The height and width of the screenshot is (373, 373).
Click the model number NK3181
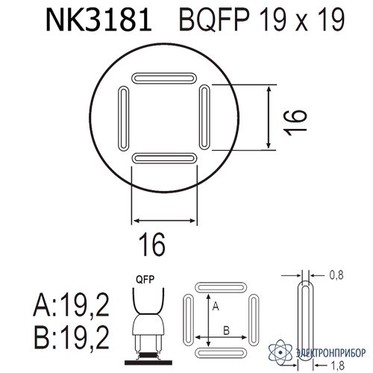click(98, 21)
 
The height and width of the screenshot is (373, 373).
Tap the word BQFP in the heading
click(214, 20)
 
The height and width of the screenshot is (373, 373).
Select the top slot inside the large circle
click(164, 78)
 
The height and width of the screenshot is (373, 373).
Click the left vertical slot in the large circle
click(123, 119)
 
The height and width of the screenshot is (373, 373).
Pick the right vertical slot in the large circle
click(204, 117)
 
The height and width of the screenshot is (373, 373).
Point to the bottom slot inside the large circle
click(164, 158)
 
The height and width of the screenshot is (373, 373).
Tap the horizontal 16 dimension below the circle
click(152, 245)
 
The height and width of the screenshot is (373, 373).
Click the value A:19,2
click(72, 304)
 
